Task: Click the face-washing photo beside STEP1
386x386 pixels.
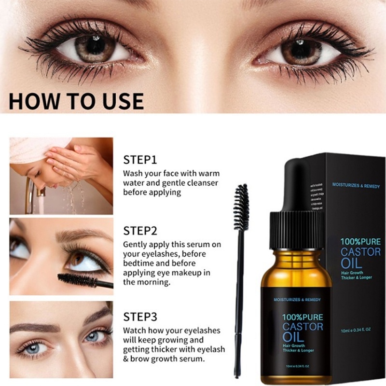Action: tap(61, 176)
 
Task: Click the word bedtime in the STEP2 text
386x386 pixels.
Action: tap(141, 263)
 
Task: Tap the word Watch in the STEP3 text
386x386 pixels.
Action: tap(134, 331)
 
